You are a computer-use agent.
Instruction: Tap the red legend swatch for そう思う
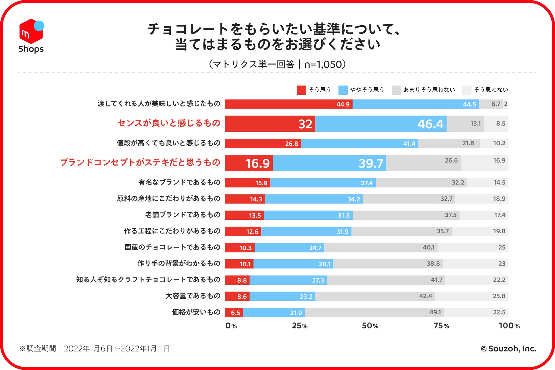(301, 90)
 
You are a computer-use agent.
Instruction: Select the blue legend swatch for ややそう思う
(343, 90)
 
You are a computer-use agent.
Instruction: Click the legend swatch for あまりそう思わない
(396, 90)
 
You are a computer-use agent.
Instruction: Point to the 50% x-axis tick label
(370, 326)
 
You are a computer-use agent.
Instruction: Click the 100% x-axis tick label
(509, 326)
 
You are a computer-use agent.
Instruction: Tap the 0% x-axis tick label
(231, 326)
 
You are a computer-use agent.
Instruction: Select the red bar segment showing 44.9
(289, 104)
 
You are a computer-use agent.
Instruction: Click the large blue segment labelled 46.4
(381, 124)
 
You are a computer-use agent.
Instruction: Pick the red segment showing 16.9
(249, 163)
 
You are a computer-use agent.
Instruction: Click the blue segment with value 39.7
(329, 163)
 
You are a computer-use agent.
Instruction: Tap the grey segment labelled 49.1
(374, 313)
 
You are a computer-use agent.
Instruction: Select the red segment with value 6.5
(234, 313)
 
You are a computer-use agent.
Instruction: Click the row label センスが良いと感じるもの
(169, 123)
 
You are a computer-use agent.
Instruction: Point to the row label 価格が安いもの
(196, 312)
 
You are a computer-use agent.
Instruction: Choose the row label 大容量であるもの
(193, 296)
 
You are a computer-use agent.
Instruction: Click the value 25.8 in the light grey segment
(499, 296)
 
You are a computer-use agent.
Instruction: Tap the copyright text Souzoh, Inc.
(508, 349)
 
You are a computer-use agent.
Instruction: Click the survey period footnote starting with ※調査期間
(94, 349)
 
